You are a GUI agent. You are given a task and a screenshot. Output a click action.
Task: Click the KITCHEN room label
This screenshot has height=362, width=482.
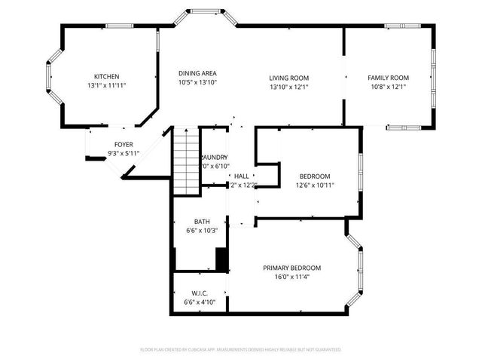(107, 77)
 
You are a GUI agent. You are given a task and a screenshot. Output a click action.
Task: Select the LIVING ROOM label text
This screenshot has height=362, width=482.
(289, 78)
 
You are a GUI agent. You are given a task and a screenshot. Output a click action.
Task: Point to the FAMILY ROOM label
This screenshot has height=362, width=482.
(388, 78)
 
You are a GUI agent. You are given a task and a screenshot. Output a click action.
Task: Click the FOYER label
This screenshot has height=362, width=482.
(124, 144)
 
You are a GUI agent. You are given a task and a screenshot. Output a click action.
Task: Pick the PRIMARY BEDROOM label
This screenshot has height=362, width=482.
(291, 268)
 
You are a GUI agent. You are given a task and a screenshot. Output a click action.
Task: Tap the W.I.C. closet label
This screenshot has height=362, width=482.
(200, 293)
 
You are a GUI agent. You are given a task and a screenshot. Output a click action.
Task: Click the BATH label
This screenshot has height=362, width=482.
(201, 222)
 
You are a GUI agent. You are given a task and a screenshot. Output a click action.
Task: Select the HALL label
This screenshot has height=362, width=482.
(242, 176)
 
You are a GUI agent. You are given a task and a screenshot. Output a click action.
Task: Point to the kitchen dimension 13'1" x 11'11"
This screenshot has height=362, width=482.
(107, 86)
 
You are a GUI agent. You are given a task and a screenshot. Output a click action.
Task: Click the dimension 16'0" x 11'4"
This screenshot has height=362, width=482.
(291, 277)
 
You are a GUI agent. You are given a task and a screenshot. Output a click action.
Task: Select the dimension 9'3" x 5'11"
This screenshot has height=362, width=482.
(124, 153)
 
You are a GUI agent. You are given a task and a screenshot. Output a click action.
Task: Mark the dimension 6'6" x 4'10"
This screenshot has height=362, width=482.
(200, 302)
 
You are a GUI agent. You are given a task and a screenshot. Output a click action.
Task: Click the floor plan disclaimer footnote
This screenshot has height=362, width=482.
(241, 350)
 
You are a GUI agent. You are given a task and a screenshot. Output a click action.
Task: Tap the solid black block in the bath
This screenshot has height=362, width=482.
(221, 259)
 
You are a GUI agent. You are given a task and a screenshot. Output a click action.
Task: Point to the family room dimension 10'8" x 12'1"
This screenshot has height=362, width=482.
(388, 87)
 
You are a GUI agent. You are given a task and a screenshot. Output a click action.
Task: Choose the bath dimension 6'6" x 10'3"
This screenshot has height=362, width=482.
(201, 231)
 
